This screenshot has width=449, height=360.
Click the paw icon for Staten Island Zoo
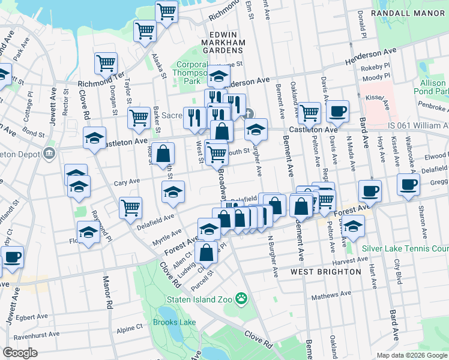coord(241,298)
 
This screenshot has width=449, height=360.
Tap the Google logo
coord(20,353)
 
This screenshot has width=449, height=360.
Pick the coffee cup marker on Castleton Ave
coord(338,111)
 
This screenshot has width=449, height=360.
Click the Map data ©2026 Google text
coord(411,355)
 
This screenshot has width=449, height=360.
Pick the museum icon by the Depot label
coord(49,154)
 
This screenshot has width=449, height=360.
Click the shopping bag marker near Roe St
coord(163,154)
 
